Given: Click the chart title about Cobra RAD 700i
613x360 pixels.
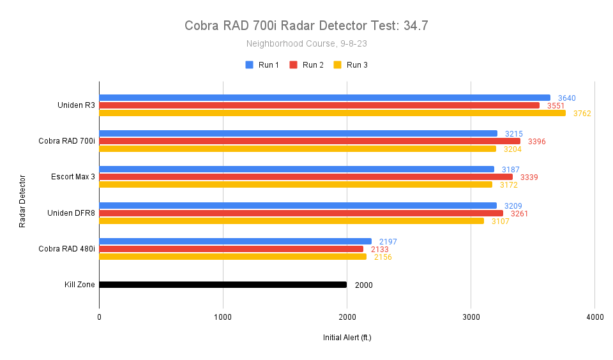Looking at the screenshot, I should tap(306, 26).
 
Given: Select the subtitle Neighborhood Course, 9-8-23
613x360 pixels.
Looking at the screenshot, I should tap(306, 44).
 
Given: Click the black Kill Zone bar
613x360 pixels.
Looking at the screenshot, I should tap(223, 285).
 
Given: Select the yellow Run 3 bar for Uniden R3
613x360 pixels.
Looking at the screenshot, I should tap(332, 113).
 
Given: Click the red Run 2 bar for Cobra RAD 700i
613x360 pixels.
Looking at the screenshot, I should tap(310, 141).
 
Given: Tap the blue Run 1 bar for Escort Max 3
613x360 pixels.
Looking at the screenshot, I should tap(296, 169).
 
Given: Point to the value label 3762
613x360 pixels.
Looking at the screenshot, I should tap(582, 114).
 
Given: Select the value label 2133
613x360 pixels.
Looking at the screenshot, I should tap(379, 250).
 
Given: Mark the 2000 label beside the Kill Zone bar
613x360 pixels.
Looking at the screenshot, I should tap(363, 285).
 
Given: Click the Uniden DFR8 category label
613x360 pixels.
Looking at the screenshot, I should tap(71, 213).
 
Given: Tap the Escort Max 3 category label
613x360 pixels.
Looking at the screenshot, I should tap(73, 177).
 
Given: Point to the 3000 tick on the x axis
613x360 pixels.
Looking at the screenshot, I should tap(471, 317).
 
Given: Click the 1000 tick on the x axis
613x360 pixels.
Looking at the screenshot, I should tap(223, 317).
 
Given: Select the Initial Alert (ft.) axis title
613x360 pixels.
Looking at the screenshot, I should tap(347, 337).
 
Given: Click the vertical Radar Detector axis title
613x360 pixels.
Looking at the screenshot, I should tap(22, 201).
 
